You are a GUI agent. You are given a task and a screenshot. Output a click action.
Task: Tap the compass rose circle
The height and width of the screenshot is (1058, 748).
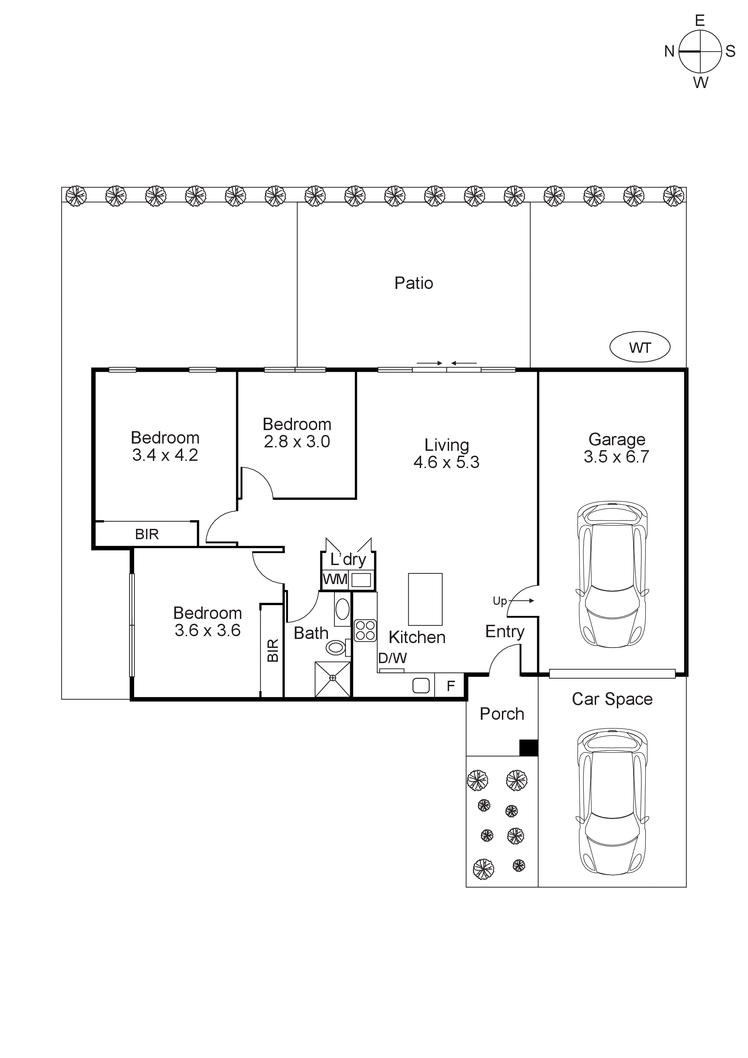[700, 52]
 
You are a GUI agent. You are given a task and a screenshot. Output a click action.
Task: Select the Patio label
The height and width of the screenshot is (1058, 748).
[414, 283]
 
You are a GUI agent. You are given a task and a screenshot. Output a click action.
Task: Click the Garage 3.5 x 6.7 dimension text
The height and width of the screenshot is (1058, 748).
[616, 456]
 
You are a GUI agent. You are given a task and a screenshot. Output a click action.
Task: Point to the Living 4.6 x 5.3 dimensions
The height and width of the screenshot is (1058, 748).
[446, 462]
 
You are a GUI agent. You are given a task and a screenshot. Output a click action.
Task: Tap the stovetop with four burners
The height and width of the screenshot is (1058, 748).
[365, 630]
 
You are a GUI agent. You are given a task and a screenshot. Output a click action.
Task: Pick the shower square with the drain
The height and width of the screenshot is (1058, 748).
[333, 679]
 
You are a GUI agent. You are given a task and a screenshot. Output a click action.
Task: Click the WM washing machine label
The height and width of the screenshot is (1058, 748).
[334, 579]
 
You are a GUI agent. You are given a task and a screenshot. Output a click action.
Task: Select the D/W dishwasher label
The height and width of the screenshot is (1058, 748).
[392, 658]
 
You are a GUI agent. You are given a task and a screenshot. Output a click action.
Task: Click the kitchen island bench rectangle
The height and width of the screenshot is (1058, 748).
[425, 599]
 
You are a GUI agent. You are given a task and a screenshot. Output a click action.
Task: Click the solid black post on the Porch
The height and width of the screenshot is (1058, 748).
[528, 747]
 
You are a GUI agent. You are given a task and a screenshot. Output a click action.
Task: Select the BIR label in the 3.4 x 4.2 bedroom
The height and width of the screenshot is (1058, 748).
[147, 534]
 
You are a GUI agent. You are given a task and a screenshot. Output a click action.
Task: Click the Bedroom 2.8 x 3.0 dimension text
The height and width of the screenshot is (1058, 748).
[297, 441]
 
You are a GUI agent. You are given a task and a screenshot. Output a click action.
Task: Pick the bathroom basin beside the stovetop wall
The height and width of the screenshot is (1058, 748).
[342, 610]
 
